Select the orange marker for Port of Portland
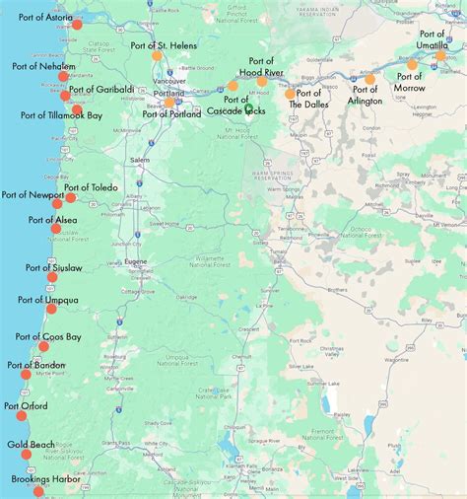pyautogui.click(x=169, y=102)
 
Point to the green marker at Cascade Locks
pyautogui.click(x=248, y=108)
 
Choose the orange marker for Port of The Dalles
pyautogui.click(x=291, y=94)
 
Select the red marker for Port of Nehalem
pyautogui.click(x=64, y=76)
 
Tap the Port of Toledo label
pyautogui.click(x=91, y=187)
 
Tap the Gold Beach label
pyautogui.click(x=30, y=444)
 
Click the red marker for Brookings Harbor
pyautogui.click(x=38, y=491)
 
